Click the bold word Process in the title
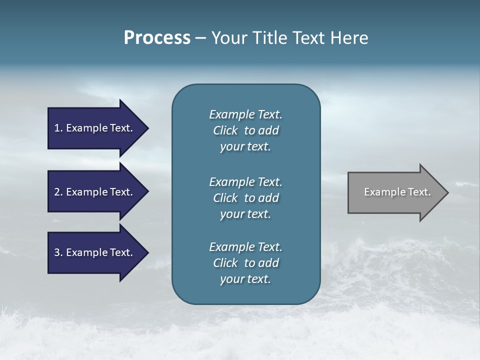tap(157, 38)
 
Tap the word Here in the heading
tap(349, 38)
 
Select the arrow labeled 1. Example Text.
tap(95, 128)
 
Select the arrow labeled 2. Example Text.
tap(95, 192)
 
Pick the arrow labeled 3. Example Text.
tap(95, 252)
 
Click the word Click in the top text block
tap(225, 130)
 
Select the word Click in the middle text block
tap(225, 198)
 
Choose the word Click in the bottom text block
tap(225, 263)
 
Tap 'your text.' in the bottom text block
tap(245, 279)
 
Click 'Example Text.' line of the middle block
tap(245, 182)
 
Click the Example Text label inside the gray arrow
tap(397, 192)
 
